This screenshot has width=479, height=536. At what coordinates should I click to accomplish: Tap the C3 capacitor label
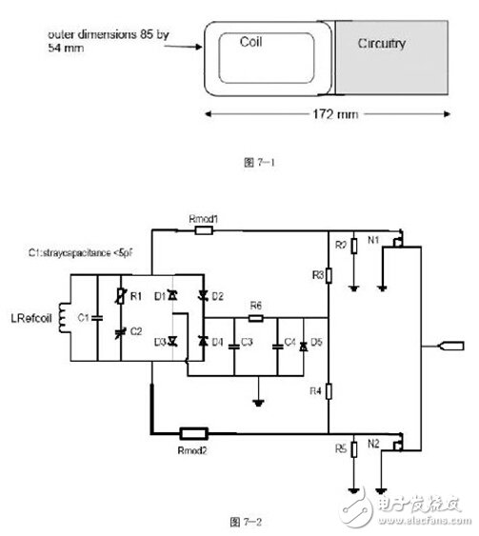[x=247, y=341]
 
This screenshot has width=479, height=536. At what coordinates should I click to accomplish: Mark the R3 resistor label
[x=316, y=275]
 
